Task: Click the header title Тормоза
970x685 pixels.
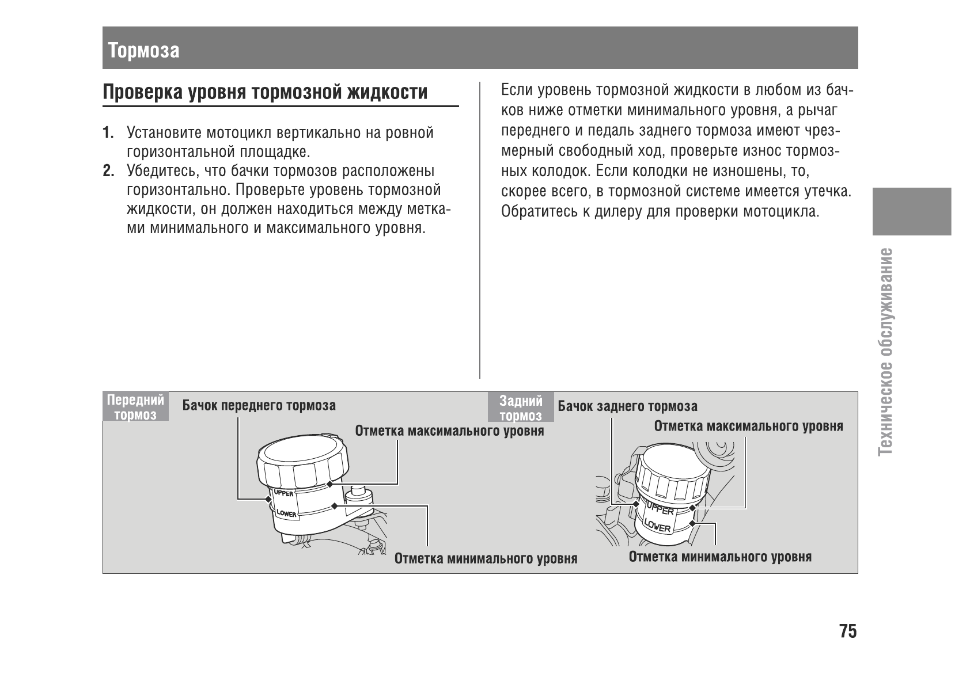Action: point(143,51)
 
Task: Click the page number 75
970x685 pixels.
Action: point(848,631)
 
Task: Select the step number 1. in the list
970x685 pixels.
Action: point(108,134)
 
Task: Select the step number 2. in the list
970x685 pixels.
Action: point(108,172)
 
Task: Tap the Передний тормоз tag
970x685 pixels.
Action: point(136,407)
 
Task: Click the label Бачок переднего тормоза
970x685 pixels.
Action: point(259,405)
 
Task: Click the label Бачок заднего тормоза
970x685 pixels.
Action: point(627,406)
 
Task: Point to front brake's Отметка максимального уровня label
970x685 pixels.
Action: point(449,431)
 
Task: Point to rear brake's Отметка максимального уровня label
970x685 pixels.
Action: point(748,427)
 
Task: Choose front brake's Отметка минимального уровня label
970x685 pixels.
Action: point(486,559)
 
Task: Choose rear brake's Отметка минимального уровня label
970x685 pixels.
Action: point(720,557)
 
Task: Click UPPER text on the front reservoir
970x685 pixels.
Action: point(283,493)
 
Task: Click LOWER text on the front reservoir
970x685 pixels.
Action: point(286,512)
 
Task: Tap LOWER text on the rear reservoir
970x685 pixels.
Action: point(657,524)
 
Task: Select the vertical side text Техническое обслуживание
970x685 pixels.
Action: point(886,351)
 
